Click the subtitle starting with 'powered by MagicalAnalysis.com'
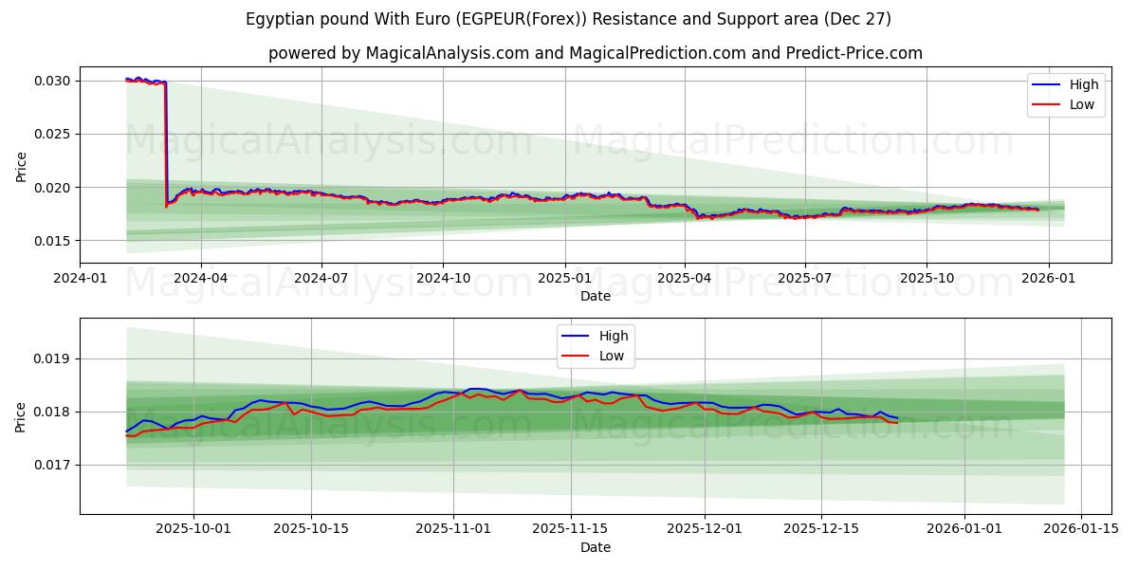pos(595,53)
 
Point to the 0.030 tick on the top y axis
pos(53,81)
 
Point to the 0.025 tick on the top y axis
pos(53,134)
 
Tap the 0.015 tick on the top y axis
pos(53,241)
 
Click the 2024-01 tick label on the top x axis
pos(80,279)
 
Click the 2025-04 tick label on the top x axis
pos(685,279)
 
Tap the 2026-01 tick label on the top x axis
pos(1048,279)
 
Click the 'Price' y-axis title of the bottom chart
pos(21,416)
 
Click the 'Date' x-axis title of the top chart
pos(595,296)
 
